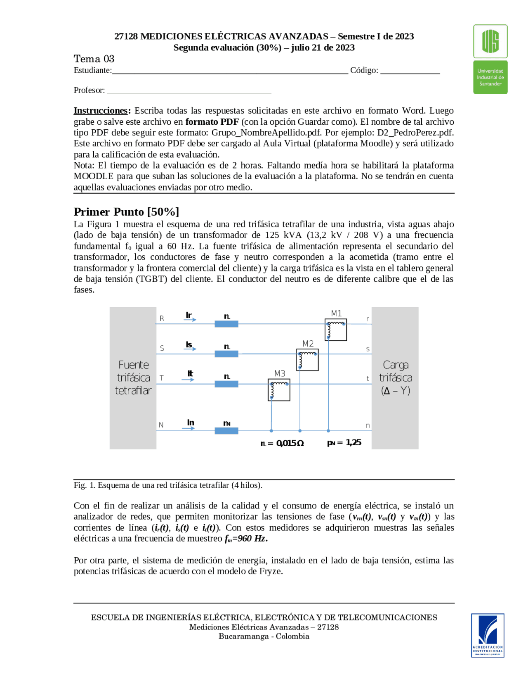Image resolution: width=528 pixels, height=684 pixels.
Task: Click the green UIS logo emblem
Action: click(x=490, y=41)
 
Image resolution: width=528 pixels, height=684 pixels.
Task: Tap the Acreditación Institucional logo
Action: click(x=488, y=635)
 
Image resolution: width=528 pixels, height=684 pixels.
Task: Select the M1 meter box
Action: click(x=335, y=330)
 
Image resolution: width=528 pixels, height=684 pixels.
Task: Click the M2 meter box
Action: click(x=307, y=360)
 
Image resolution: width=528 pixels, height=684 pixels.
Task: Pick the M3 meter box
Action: click(x=279, y=389)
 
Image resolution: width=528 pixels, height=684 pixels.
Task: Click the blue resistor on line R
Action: click(x=226, y=324)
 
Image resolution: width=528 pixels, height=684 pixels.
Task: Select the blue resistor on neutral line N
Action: click(x=226, y=431)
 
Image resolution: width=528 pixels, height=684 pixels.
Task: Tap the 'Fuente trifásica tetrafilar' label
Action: click(x=133, y=378)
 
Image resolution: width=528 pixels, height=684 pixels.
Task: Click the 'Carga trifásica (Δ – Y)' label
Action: click(x=395, y=378)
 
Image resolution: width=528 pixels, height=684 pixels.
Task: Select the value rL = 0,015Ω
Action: click(x=282, y=443)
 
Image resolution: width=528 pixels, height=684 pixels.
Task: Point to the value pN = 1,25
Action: click(x=344, y=443)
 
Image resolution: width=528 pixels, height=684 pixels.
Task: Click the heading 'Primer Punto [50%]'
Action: click(x=126, y=212)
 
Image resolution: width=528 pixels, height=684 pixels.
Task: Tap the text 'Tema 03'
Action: click(x=94, y=59)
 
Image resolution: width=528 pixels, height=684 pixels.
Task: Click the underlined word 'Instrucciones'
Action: click(x=101, y=111)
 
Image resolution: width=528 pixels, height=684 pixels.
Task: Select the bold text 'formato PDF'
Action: click(x=212, y=122)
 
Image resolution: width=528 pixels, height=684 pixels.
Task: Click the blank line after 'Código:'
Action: click(x=410, y=71)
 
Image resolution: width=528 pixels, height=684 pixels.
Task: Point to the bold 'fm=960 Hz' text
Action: click(x=246, y=539)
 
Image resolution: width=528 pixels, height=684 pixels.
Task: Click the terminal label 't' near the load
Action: click(x=368, y=379)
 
